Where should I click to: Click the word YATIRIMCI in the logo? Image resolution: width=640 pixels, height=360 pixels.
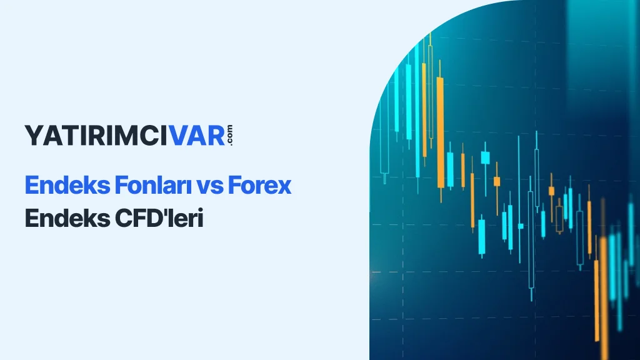96,136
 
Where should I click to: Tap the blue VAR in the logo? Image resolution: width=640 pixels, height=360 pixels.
197,136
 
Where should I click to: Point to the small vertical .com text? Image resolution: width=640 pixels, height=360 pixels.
230,135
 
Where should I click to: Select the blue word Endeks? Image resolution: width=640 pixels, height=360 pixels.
67,185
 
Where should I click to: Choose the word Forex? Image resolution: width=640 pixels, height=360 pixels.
259,185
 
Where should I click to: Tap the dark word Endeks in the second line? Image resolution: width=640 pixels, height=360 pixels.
67,218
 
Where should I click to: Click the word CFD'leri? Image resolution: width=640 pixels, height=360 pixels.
159,218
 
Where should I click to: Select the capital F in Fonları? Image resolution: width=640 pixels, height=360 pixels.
121,185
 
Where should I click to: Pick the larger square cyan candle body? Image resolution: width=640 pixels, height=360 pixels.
485,158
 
